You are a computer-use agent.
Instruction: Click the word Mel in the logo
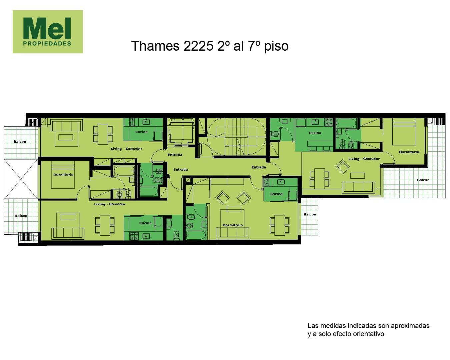point(47,28)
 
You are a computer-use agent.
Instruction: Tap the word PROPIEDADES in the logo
point(47,44)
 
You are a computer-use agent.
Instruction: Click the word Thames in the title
point(155,46)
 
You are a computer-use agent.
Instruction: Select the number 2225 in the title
point(198,46)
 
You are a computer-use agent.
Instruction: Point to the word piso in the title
point(276,46)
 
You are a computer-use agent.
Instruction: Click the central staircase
point(236,137)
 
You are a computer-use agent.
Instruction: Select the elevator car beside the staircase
point(181,132)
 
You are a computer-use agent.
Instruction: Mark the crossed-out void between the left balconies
point(21,179)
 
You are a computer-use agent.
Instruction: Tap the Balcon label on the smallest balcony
point(310,214)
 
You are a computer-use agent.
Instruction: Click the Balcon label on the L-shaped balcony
point(423,180)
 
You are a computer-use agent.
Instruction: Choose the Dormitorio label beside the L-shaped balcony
point(409,152)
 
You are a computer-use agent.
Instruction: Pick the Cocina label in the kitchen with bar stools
point(315,133)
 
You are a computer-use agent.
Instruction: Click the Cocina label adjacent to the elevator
point(141,132)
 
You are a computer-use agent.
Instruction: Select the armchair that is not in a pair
point(342,167)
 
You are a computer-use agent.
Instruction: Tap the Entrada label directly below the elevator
point(175,155)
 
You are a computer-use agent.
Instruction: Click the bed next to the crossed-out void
point(63,175)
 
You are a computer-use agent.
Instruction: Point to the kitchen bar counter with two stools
point(320,143)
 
